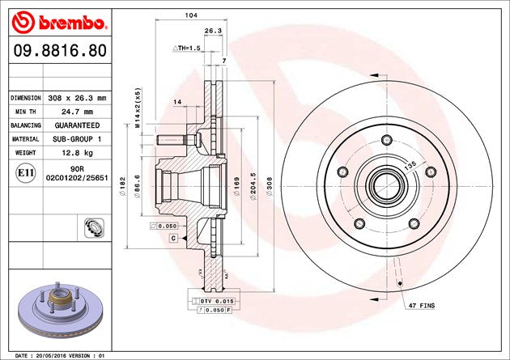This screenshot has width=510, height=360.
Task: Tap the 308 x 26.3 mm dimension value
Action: point(77,98)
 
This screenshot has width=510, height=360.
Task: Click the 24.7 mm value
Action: point(77,112)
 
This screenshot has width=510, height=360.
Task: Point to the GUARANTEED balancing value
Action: point(77,125)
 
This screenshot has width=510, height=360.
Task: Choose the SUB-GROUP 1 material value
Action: point(77,139)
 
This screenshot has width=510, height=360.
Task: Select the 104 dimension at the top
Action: point(192,15)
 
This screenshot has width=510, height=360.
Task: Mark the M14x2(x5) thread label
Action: point(138,107)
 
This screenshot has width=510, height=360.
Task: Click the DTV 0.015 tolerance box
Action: point(215,301)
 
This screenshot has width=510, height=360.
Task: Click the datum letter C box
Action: point(173,239)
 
